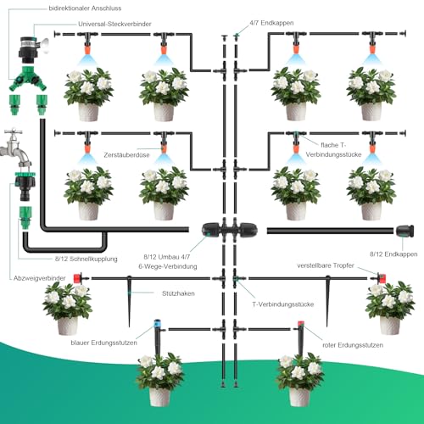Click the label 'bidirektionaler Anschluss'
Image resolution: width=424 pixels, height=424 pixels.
click(85, 8)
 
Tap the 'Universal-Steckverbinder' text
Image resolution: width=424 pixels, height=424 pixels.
click(114, 24)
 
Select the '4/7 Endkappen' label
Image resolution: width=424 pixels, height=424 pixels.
click(271, 23)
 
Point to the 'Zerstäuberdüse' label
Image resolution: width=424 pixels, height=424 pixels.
click(126, 155)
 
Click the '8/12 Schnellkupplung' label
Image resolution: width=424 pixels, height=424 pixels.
click(86, 259)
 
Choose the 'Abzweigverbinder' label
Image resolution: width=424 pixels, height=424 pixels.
click(40, 278)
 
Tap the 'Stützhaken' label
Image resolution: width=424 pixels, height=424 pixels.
click(178, 293)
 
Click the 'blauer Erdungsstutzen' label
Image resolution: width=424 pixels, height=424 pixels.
click(103, 343)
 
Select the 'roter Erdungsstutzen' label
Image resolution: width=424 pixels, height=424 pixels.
click(353, 345)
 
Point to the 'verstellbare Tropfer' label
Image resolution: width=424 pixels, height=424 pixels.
click(326, 265)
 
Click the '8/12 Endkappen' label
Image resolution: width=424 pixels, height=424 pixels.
click(393, 254)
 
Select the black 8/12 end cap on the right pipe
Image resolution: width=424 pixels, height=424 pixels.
click(404, 231)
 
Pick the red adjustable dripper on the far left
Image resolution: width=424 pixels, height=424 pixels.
click(77, 278)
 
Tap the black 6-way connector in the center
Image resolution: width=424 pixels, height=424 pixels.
click(229, 231)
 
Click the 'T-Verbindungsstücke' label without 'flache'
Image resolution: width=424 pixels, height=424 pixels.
click(282, 304)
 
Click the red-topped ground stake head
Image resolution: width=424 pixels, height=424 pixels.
click(300, 324)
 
